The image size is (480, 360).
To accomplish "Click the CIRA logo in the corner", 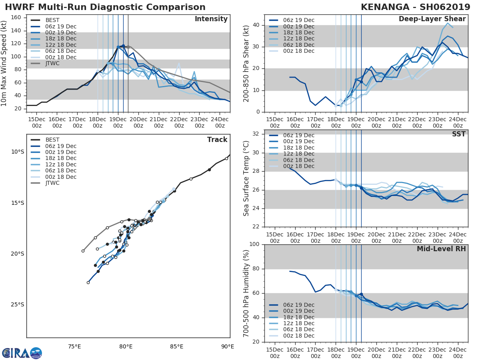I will point(22,353).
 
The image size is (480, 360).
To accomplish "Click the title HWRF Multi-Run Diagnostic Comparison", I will point(105,7).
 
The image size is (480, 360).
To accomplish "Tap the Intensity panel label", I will point(211,19).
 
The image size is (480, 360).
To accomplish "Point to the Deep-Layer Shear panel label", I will point(432,19).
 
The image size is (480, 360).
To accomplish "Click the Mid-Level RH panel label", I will point(441,249).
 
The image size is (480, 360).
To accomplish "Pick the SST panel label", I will point(458,134).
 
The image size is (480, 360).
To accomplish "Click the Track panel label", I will point(217,140).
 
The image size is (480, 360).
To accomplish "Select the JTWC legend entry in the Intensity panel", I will point(52,63).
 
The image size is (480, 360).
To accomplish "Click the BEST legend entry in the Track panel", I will point(52,140).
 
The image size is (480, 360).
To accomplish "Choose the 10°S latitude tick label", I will point(17,152).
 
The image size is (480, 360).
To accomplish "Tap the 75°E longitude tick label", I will point(74,346).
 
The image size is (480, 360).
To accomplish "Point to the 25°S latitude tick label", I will point(17,304).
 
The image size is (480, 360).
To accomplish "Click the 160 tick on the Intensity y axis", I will point(16,18).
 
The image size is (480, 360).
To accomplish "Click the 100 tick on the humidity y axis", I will point(254,244).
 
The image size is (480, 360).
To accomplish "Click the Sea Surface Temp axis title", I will point(246,178).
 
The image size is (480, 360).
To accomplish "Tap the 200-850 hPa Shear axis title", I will point(246,63).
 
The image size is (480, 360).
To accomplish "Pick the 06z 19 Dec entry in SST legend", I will point(298,135).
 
